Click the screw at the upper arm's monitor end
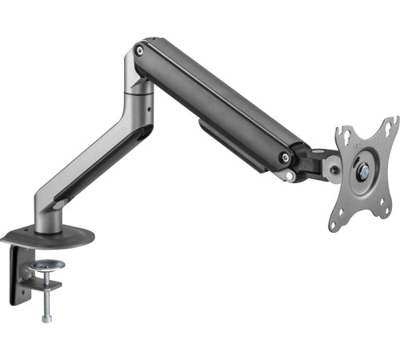(x=284, y=158)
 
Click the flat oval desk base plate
(x=47, y=237)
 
